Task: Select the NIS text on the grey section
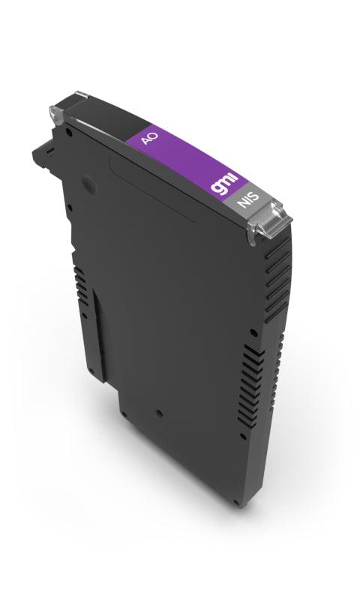click(246, 201)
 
